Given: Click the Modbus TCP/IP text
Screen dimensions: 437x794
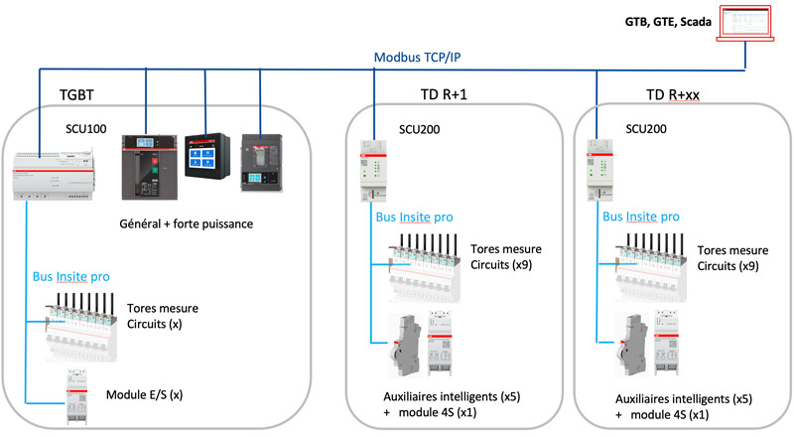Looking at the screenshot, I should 417,58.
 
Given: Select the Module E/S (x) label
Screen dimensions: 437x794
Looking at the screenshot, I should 145,395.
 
